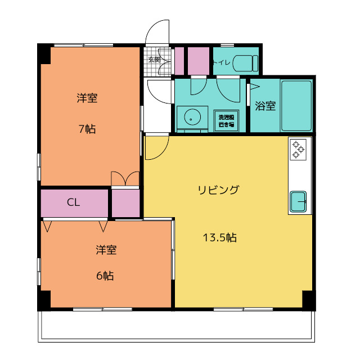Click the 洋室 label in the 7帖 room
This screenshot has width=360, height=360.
click(x=87, y=98)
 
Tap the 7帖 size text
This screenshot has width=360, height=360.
click(x=87, y=129)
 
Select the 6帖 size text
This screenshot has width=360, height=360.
click(x=105, y=276)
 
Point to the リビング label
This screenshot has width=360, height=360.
click(x=218, y=190)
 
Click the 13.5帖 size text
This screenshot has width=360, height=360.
click(x=219, y=237)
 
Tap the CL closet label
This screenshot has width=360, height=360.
click(x=73, y=202)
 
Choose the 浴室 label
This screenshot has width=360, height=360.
click(x=265, y=106)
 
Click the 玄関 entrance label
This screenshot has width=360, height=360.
click(x=154, y=59)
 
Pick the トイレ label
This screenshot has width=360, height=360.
click(x=221, y=62)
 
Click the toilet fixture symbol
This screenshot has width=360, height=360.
click(x=246, y=62)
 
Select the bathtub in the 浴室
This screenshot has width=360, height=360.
click(x=296, y=106)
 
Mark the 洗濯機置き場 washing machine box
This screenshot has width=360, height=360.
click(x=228, y=120)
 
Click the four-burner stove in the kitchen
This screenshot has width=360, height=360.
click(x=298, y=148)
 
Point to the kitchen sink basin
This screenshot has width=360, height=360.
click(x=298, y=201)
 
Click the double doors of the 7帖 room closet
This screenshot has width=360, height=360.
click(x=125, y=179)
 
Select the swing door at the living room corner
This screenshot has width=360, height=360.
click(x=156, y=147)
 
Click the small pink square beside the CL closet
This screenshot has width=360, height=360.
click(x=125, y=204)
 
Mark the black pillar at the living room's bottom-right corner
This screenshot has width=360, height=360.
click(x=308, y=299)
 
